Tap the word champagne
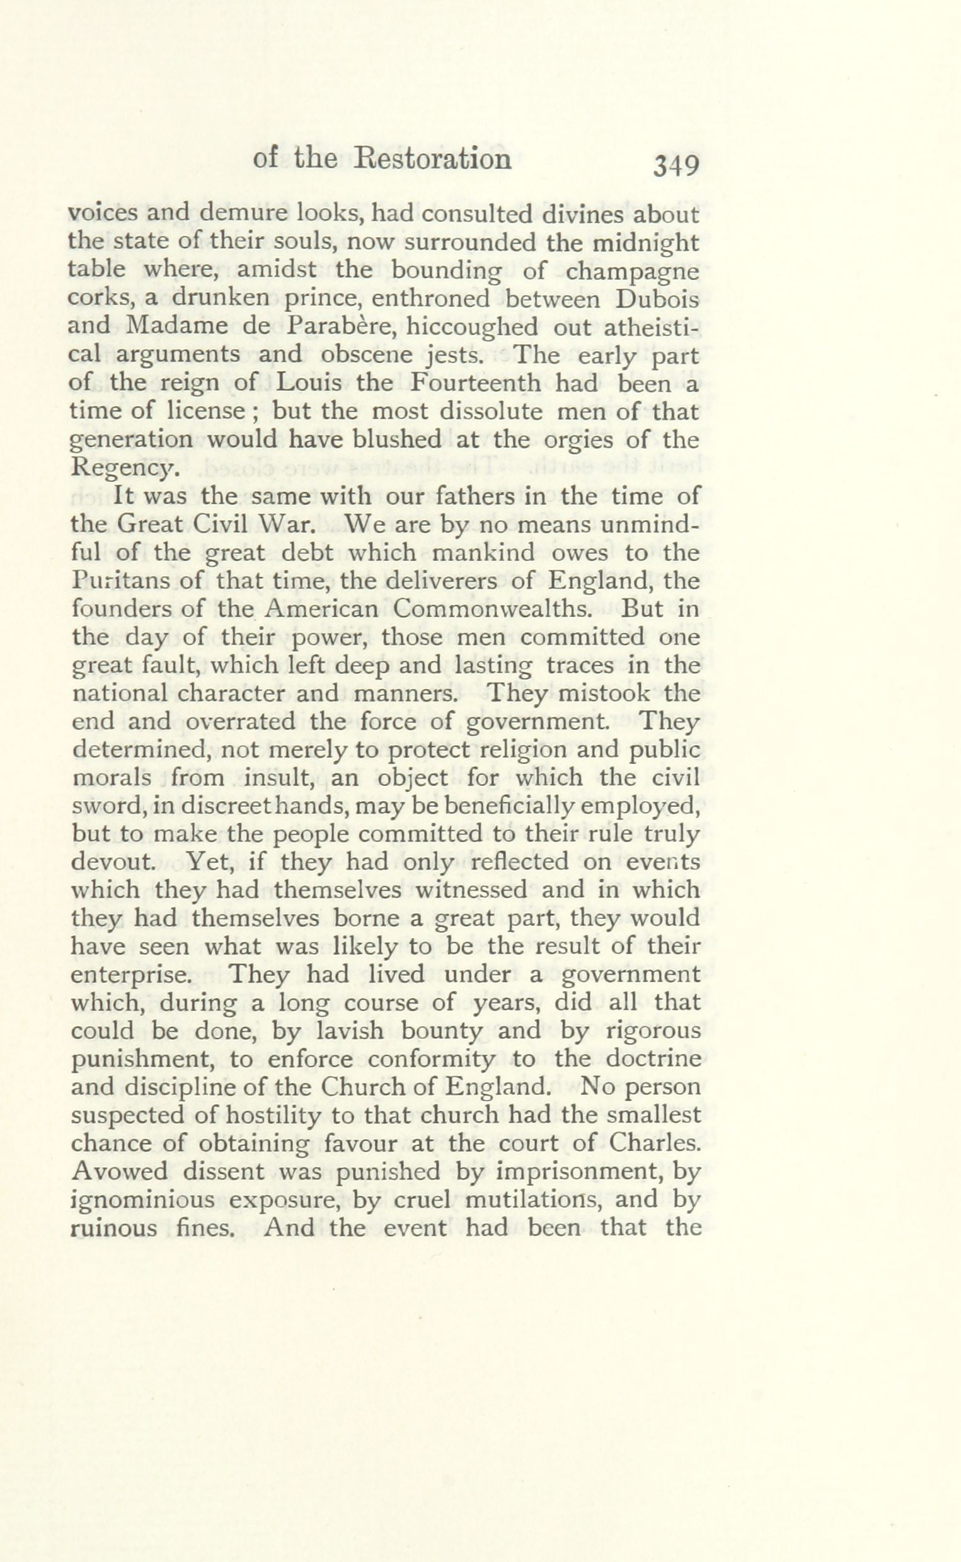pos(632,272)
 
